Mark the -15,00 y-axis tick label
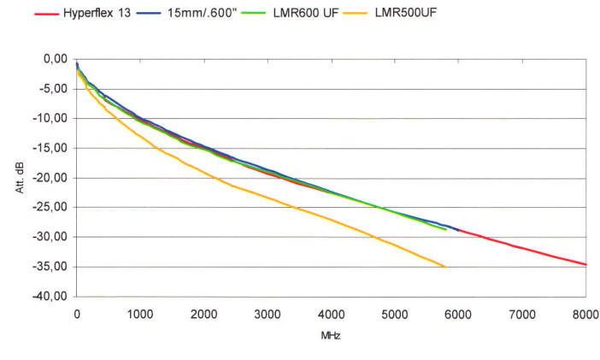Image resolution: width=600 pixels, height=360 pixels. pyautogui.click(x=50, y=148)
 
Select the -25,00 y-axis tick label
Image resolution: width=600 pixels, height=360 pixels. pyautogui.click(x=50, y=208)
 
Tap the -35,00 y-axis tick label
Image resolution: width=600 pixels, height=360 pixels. pyautogui.click(x=50, y=267)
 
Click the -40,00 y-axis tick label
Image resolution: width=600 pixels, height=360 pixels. pyautogui.click(x=50, y=297)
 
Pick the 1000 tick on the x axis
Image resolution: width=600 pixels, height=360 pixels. pyautogui.click(x=139, y=314)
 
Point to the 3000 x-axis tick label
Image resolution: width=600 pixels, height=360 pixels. pyautogui.click(x=267, y=314)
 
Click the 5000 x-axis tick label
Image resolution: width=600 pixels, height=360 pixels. pyautogui.click(x=394, y=314)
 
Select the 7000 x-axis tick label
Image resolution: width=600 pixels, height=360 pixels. pyautogui.click(x=521, y=314)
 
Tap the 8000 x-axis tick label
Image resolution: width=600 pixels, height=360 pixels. pyautogui.click(x=585, y=314)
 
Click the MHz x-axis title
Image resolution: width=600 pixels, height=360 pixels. pyautogui.click(x=332, y=335)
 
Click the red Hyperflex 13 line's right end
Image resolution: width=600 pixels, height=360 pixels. pyautogui.click(x=585, y=264)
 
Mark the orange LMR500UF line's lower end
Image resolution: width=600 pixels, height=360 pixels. pyautogui.click(x=445, y=267)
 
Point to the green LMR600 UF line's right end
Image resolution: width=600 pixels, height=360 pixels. pyautogui.click(x=445, y=229)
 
